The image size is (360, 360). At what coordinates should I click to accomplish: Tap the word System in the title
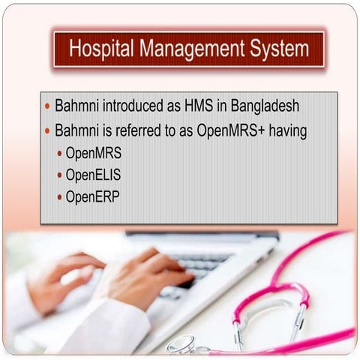(279, 49)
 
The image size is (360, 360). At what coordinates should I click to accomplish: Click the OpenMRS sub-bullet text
(93, 153)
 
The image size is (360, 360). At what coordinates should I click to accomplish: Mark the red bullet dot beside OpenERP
(60, 199)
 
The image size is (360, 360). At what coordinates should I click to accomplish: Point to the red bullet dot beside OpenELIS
(60, 176)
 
